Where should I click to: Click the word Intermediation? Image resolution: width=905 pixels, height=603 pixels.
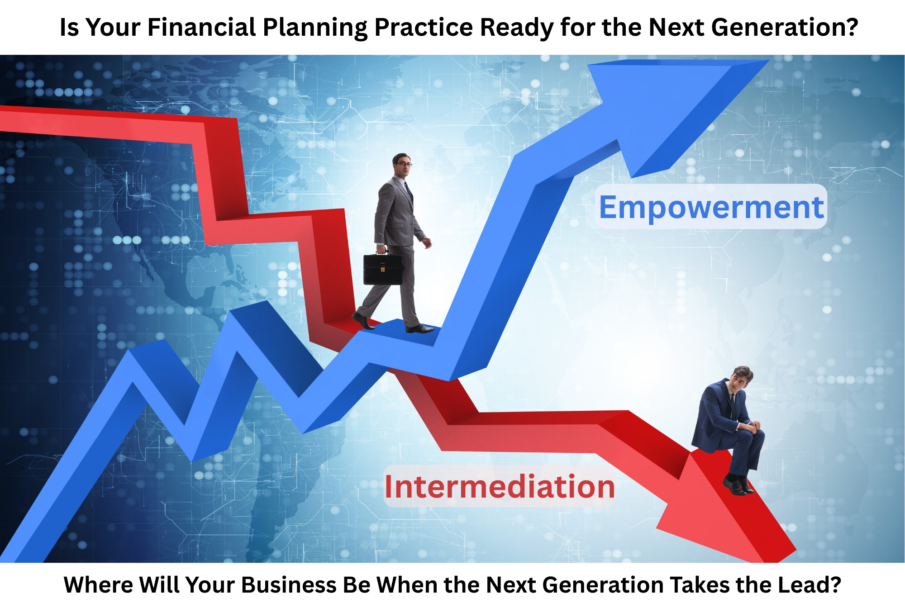(x=500, y=487)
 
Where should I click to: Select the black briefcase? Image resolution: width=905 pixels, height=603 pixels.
(x=383, y=269)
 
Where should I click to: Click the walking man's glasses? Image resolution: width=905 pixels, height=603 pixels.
(x=404, y=164)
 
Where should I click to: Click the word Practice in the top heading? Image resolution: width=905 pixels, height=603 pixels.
(x=423, y=27)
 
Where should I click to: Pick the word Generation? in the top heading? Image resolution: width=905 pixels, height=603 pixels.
(x=785, y=27)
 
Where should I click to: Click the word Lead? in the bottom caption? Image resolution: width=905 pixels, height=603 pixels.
(x=810, y=584)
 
